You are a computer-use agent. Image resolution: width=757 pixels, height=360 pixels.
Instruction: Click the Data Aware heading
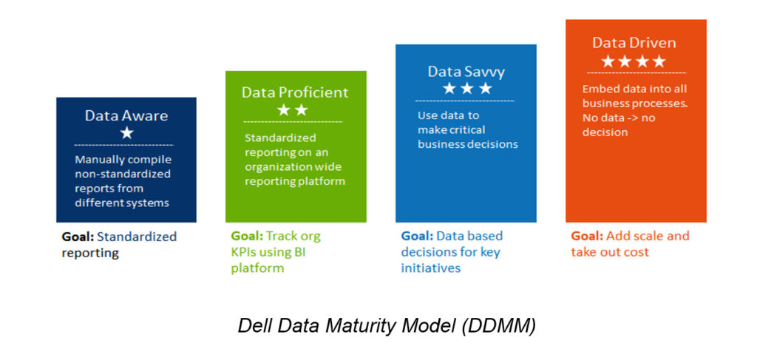pyautogui.click(x=126, y=116)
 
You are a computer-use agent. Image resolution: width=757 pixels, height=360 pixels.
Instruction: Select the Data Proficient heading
pyautogui.click(x=295, y=92)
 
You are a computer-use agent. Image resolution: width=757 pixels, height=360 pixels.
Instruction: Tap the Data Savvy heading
pyautogui.click(x=466, y=72)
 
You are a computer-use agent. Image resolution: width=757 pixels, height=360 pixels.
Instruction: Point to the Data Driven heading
pyautogui.click(x=634, y=43)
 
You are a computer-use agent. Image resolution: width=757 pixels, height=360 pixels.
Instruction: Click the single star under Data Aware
pyautogui.click(x=127, y=133)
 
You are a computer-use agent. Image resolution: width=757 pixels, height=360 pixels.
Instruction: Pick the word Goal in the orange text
pyautogui.click(x=587, y=237)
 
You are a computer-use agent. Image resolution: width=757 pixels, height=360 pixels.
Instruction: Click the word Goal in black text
pyautogui.click(x=78, y=237)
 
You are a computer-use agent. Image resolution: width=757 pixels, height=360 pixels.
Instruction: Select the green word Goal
pyautogui.click(x=247, y=237)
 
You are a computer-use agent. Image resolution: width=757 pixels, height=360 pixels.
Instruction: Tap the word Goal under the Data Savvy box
pyautogui.click(x=417, y=237)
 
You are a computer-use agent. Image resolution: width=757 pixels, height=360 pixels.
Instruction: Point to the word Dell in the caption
pyautogui.click(x=254, y=326)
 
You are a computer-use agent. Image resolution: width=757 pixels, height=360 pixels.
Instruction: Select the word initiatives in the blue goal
pyautogui.click(x=431, y=268)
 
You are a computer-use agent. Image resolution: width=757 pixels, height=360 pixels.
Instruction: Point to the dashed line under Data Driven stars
pyautogui.click(x=637, y=73)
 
